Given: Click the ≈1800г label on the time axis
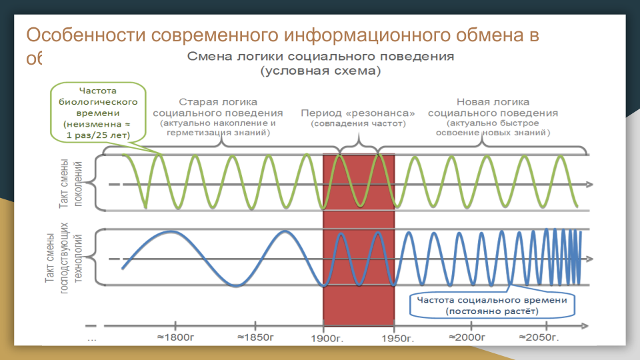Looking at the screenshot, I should pos(175,337).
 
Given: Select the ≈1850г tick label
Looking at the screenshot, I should pos(255,337).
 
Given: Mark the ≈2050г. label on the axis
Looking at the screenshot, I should pos(541,337).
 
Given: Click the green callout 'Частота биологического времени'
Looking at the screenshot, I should pos(98,112).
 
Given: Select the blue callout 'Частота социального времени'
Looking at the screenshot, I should pos(492,305).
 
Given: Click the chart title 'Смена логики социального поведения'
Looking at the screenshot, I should pos(321,56).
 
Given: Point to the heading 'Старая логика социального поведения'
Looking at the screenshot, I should pos(218,107).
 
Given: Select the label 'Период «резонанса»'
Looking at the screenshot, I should pos(358,113).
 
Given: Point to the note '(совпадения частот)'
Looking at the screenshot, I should pos(358,123).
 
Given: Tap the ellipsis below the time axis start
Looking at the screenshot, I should pos(92,339).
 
